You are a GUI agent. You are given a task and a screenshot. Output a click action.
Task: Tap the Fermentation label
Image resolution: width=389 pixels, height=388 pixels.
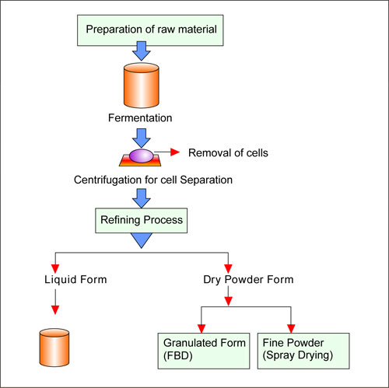(x=141, y=119)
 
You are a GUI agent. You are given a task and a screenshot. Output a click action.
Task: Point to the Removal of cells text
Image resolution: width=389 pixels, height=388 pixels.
(x=229, y=153)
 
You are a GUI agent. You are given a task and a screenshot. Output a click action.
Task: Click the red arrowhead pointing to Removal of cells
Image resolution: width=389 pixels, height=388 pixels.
(x=175, y=153)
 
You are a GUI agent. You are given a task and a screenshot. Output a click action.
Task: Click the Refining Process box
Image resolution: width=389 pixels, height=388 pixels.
(x=142, y=220)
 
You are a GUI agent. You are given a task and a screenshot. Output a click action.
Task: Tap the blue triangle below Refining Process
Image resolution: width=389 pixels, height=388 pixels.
(x=142, y=242)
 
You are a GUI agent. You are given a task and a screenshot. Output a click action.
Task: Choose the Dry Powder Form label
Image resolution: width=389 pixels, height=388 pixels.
(x=227, y=278)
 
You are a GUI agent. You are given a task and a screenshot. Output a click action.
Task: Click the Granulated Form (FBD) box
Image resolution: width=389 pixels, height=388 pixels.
(x=204, y=349)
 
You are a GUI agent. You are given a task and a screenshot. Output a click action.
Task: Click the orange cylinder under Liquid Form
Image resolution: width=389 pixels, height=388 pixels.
(x=54, y=348)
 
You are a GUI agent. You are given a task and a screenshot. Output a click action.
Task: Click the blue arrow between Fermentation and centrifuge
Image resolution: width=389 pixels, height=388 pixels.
(x=142, y=137)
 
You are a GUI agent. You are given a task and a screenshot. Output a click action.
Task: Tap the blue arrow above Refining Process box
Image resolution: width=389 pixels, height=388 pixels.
(x=142, y=199)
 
